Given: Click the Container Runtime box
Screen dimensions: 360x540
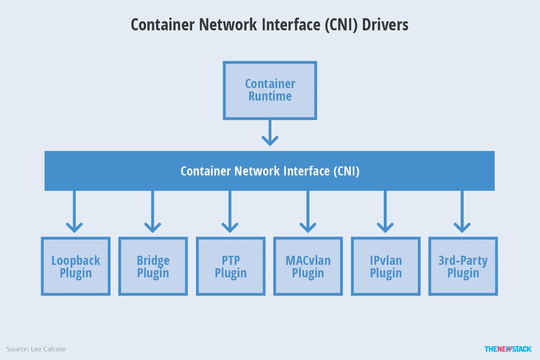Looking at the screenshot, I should click(270, 90).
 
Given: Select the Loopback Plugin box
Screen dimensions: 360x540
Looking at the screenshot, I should click(76, 266).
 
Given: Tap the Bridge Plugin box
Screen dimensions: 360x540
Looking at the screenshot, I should click(153, 266).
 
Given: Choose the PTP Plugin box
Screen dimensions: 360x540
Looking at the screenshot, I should click(231, 266).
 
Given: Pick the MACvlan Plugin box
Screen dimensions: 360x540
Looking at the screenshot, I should click(308, 266).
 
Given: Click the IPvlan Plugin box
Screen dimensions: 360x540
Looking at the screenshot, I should click(386, 266).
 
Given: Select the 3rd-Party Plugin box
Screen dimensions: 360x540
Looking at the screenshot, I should click(463, 266).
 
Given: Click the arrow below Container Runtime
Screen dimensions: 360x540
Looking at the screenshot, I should click(270, 133).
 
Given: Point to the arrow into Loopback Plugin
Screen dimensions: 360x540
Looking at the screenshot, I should click(74, 213).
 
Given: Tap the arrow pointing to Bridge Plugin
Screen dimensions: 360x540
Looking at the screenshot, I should click(153, 213).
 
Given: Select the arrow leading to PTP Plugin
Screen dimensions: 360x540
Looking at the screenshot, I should click(230, 213).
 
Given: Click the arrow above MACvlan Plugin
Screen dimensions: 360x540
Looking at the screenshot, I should click(308, 213).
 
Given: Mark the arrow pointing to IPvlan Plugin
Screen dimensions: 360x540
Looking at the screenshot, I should click(385, 213).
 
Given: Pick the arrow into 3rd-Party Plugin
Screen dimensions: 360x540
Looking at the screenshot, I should click(462, 213).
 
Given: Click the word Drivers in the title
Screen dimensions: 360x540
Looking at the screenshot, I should click(385, 25).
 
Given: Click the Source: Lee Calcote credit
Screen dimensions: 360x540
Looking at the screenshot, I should click(36, 349).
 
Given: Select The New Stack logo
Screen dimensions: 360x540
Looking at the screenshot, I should click(508, 349).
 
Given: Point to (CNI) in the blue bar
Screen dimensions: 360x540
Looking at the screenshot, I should click(346, 171).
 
